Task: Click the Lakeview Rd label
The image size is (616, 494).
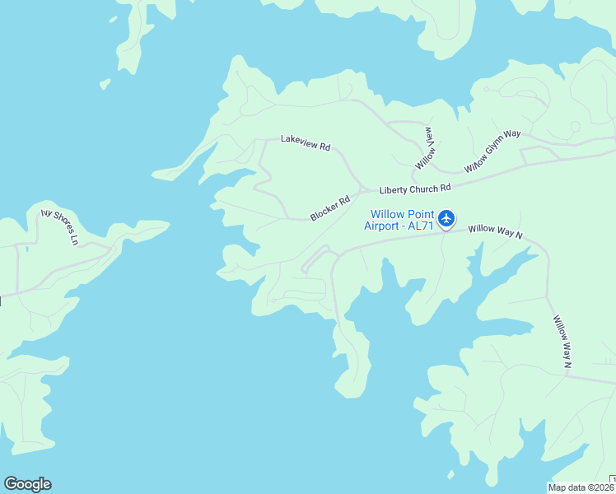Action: (306, 142)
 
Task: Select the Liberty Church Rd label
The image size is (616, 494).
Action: (415, 189)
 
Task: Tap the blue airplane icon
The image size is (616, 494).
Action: (446, 218)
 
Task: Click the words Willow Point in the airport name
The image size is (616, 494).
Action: (402, 214)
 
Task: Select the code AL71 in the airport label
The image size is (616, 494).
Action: (421, 226)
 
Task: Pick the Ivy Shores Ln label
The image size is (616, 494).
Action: (59, 226)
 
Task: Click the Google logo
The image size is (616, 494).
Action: (27, 484)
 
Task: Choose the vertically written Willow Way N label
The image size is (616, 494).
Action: (562, 341)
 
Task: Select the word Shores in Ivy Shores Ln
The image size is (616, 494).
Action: (61, 227)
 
